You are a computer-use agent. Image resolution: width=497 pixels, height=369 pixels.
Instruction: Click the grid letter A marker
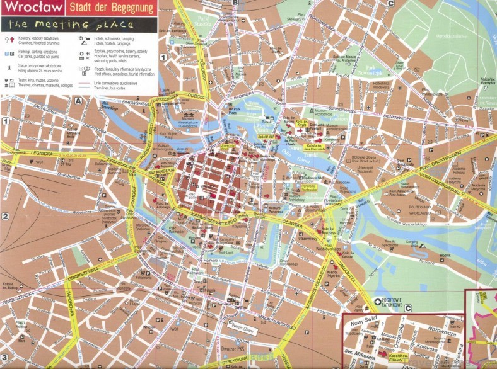(79, 101)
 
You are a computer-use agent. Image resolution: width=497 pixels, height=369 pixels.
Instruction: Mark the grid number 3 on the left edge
(4, 357)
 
